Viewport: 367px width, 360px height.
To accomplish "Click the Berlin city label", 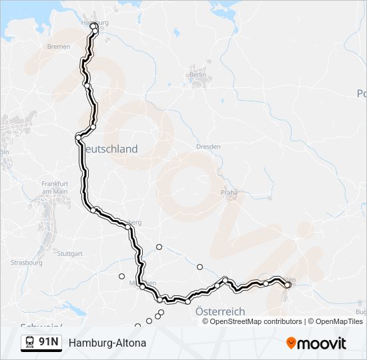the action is (x=198, y=75).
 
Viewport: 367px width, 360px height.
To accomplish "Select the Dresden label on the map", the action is (x=208, y=147).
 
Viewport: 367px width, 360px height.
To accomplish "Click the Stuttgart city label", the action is (x=70, y=253).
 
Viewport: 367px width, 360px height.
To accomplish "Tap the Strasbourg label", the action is (x=27, y=263).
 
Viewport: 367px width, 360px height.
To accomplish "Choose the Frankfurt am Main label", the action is (x=55, y=187).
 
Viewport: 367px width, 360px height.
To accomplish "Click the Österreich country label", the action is (x=220, y=311).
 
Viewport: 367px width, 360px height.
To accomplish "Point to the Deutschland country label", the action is (x=111, y=149).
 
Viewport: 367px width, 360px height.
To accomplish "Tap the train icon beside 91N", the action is (x=30, y=343).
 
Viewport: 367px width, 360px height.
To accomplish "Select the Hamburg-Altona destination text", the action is (x=107, y=343).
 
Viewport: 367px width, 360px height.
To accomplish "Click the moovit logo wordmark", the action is (x=322, y=343).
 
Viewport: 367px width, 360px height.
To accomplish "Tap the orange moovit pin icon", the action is (x=291, y=343).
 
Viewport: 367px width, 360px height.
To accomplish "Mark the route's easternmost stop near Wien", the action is (x=288, y=285).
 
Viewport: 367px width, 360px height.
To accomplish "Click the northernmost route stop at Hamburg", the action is (x=93, y=27).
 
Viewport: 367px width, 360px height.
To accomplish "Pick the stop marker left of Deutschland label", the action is (x=79, y=137).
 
